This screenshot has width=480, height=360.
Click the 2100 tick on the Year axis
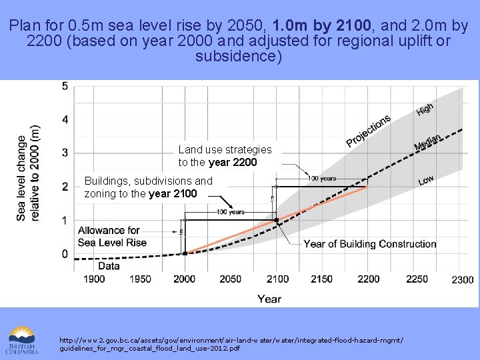click(277, 279)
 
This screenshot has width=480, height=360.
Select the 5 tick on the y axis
click(65, 86)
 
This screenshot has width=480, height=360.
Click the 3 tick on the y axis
click(65, 153)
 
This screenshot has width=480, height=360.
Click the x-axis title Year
click(269, 299)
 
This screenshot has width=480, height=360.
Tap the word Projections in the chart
click(368, 131)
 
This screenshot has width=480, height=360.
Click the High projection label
click(425, 109)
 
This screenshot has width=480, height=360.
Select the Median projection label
click(427, 142)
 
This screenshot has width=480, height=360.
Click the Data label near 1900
click(90, 265)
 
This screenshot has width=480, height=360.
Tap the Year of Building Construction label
click(370, 244)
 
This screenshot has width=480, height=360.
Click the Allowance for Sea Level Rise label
click(112, 236)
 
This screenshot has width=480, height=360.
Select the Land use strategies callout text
click(225, 156)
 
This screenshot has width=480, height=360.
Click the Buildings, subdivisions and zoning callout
click(148, 187)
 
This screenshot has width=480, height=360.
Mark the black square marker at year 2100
click(277, 220)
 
